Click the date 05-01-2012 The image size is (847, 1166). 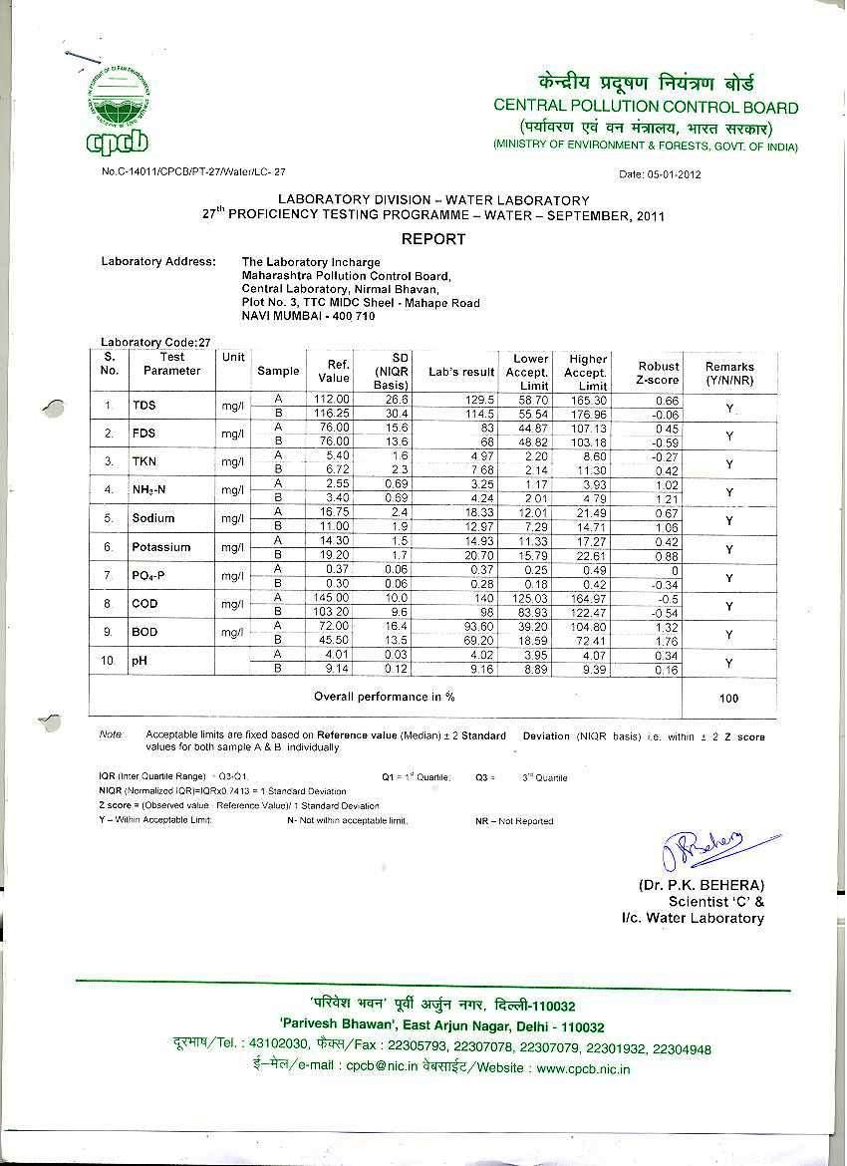661,174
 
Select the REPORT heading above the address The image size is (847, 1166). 432,239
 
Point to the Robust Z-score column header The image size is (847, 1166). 659,373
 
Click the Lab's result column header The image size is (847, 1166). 461,372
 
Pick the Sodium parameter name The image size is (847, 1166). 152,518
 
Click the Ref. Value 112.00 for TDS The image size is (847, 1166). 332,400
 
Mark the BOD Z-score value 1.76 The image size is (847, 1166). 666,642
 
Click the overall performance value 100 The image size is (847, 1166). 729,699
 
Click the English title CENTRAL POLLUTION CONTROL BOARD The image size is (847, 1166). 646,107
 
